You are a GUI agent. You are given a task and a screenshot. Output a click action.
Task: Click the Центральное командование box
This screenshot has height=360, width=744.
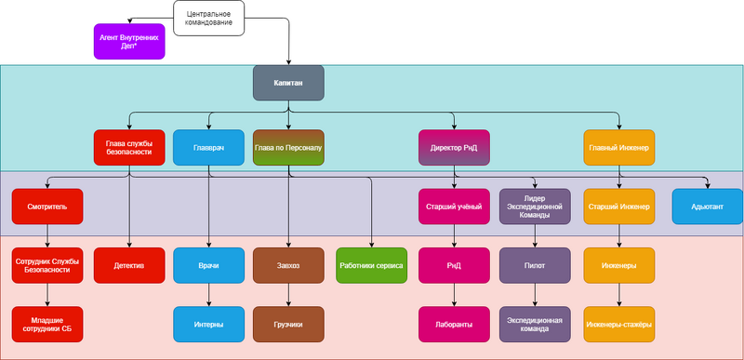click(209, 18)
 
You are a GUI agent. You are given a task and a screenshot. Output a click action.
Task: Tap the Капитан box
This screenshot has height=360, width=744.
click(288, 83)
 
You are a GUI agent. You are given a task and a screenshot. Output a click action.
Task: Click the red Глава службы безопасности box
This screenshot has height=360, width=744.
click(129, 147)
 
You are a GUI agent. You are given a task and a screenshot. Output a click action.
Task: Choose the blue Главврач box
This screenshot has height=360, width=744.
click(208, 147)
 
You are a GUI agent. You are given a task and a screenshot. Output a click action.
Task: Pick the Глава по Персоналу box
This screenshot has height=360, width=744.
click(288, 147)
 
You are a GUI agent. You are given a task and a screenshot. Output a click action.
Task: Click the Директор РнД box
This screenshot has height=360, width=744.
click(454, 147)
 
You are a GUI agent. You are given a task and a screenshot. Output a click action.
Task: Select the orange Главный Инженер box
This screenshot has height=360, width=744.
click(619, 147)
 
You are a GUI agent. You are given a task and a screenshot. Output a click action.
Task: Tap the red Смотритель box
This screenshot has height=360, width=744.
click(47, 207)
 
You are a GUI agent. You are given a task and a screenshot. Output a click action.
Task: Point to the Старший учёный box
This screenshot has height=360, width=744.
click(454, 207)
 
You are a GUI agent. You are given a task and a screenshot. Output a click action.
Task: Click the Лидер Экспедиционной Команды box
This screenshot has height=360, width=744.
click(535, 207)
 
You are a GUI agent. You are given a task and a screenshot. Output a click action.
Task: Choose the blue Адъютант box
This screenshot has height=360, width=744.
click(708, 207)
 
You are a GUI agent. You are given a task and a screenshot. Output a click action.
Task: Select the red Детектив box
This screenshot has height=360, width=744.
click(129, 265)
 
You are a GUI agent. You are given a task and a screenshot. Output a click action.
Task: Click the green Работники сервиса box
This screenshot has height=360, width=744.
click(370, 265)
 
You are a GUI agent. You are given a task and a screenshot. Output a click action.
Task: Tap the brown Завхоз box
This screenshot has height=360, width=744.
click(288, 265)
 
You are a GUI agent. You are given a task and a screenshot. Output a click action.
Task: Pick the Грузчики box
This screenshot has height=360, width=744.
click(288, 324)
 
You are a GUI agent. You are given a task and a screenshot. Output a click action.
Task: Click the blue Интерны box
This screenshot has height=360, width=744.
click(208, 324)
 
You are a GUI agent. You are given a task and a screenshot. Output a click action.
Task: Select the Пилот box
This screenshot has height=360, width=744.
click(535, 265)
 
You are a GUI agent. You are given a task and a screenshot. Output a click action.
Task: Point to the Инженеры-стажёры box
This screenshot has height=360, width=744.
click(619, 324)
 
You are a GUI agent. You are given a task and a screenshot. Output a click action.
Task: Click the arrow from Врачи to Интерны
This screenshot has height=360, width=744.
click(208, 294)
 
